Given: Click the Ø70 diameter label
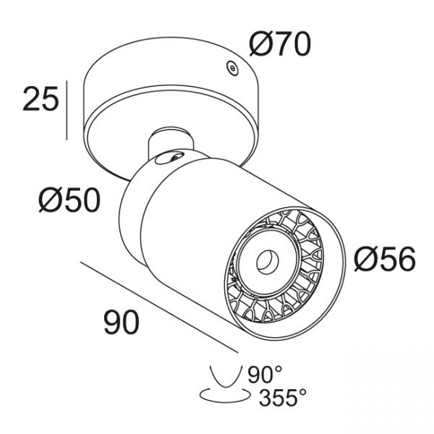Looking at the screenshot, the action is (280, 44).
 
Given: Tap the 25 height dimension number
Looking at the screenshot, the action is (41, 98).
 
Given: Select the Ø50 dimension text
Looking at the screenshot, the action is (69, 200).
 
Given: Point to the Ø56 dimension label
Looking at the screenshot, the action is (385, 259).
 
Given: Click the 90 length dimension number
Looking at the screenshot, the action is (122, 322).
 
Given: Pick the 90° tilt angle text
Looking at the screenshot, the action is (265, 375).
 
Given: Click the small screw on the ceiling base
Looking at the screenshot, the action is (232, 68).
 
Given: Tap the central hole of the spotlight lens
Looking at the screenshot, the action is (268, 261).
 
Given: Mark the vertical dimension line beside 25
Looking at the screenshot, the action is (67, 110).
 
